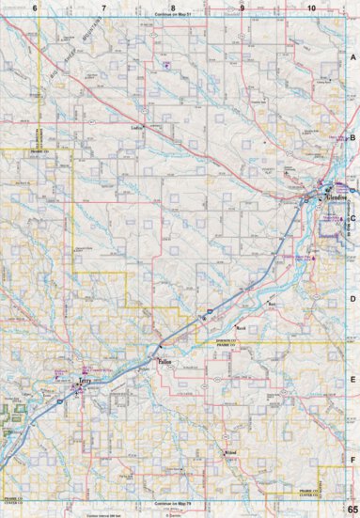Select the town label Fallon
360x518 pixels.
click(x=162, y=360)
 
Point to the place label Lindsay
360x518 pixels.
click(x=137, y=125)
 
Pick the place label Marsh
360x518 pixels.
click(x=241, y=329)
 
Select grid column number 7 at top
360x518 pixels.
click(x=103, y=8)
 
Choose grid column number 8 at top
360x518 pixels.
click(x=173, y=8)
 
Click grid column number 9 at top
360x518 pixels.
click(x=242, y=8)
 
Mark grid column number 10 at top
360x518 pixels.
click(x=310, y=8)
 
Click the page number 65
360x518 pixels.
click(x=352, y=509)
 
